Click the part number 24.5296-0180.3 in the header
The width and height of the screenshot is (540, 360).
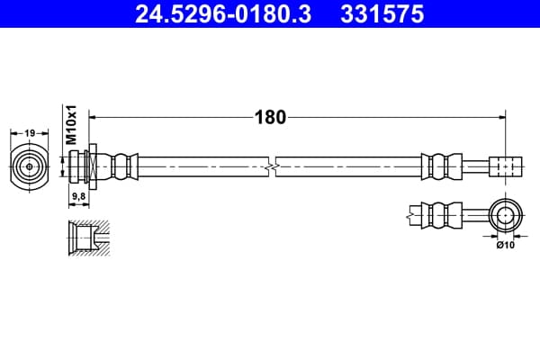point(223,14)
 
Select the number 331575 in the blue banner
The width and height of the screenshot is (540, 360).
point(382,14)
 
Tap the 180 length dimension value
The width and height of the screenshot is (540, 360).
point(270,117)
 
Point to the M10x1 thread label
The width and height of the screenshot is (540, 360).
point(72,125)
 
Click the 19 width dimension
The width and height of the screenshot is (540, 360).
point(30,132)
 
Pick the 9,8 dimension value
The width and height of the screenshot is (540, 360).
point(78,196)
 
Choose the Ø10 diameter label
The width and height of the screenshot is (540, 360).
point(505,245)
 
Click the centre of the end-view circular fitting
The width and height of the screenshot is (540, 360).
point(30,166)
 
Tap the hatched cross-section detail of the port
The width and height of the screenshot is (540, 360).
point(89,238)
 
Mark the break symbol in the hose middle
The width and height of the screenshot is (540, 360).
point(272,167)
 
